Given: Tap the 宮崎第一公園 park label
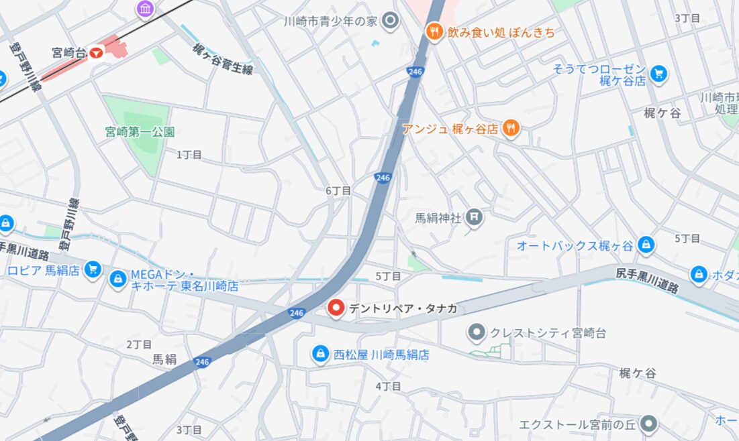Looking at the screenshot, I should [x=140, y=132].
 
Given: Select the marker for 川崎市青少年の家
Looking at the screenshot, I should [x=389, y=22].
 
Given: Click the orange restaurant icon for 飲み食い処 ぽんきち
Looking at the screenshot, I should [x=434, y=31].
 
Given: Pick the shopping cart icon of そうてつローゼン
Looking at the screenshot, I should [x=658, y=74].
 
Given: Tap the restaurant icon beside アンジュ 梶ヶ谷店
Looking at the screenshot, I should [x=511, y=129].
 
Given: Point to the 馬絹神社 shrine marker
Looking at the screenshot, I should [x=474, y=217].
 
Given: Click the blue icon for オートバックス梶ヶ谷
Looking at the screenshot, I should [x=646, y=245].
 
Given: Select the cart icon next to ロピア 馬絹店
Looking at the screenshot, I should [x=93, y=270].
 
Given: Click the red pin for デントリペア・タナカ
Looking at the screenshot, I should [x=336, y=308].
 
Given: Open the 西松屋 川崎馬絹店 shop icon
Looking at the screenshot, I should [x=321, y=354].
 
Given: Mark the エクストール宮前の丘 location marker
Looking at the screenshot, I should [x=648, y=424].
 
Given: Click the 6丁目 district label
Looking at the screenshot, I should [x=338, y=191].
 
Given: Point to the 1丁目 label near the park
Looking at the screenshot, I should [x=189, y=155].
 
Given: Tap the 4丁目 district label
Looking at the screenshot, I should [x=388, y=386].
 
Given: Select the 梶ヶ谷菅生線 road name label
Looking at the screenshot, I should [x=222, y=59].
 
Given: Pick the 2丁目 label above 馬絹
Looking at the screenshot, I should [x=139, y=344].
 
